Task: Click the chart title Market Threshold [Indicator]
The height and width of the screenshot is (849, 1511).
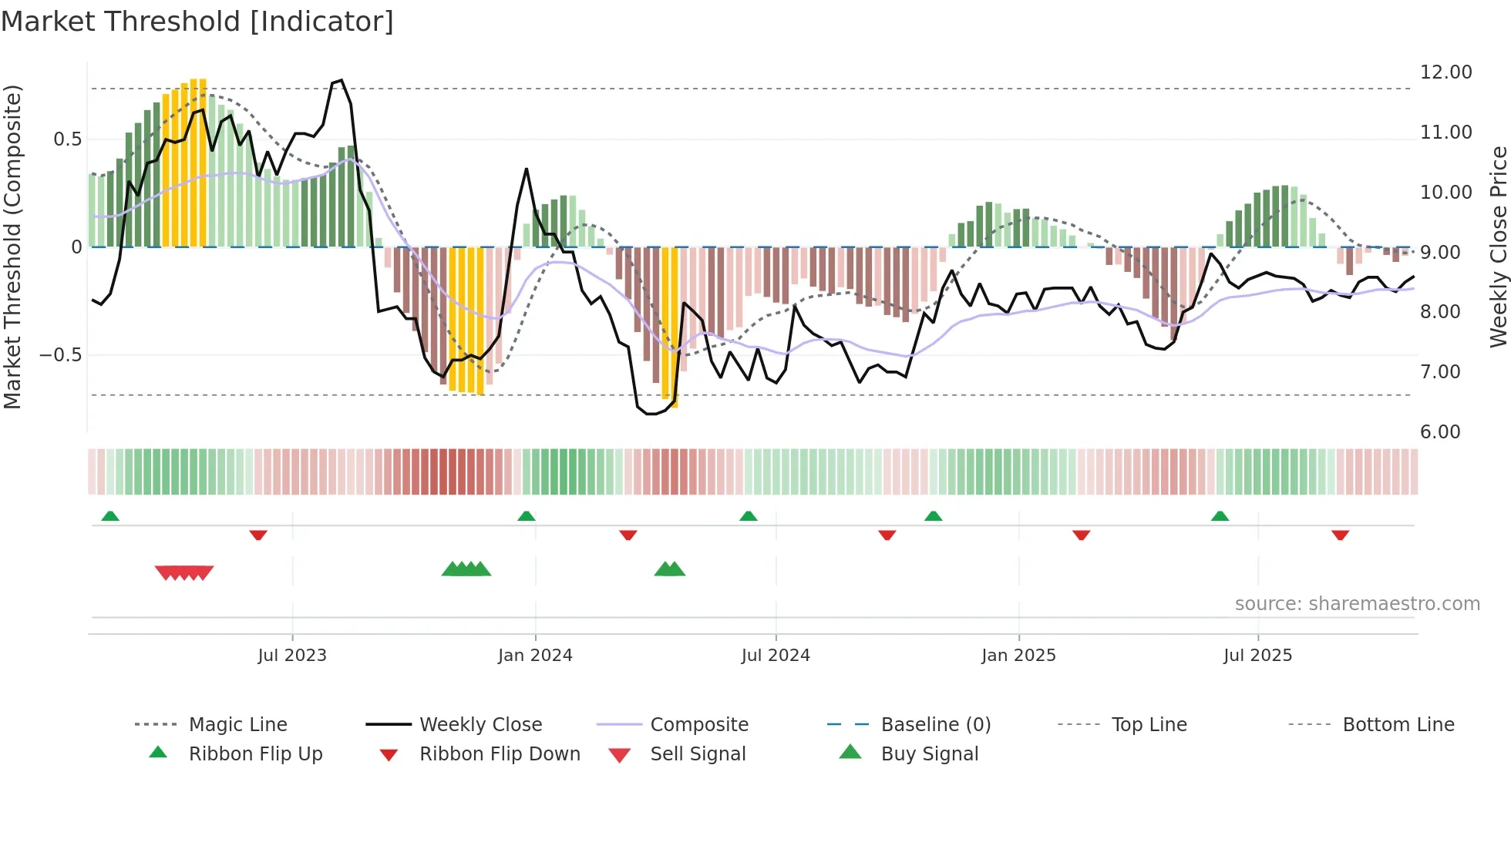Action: (x=197, y=22)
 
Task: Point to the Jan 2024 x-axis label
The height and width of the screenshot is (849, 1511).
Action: (x=535, y=656)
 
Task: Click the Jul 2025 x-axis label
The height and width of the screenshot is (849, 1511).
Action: (x=1257, y=656)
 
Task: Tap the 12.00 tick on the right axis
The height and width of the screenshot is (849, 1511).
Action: (x=1445, y=72)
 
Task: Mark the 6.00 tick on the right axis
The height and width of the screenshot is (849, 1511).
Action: (x=1440, y=432)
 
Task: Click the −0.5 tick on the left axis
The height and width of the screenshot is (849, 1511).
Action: (x=60, y=355)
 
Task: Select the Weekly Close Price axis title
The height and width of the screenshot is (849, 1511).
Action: (x=1498, y=247)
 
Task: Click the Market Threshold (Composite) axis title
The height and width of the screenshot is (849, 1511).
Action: (x=12, y=247)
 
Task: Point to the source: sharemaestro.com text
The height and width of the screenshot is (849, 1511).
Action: (x=1357, y=604)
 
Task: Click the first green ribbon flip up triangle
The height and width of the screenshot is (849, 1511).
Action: (x=110, y=516)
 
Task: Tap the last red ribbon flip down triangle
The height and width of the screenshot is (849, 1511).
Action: (x=1340, y=535)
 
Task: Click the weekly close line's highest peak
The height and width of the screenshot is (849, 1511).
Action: (x=342, y=80)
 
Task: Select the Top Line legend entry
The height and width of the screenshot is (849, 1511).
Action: (x=1149, y=725)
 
